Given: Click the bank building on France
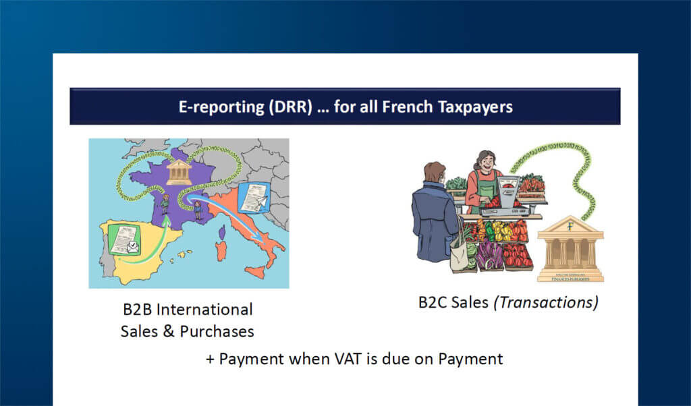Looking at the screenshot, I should pos(178,172).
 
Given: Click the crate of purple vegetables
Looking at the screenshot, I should pos(489,256).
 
